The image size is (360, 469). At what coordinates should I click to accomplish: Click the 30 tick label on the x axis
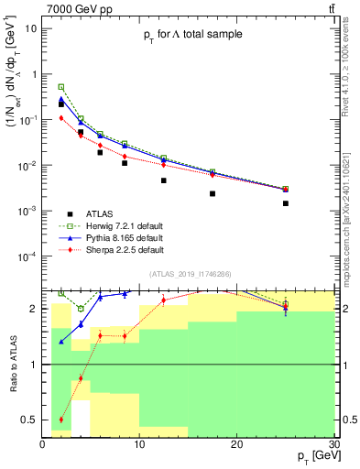pyautogui.click(x=333, y=444)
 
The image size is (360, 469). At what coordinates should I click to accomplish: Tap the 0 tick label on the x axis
pyautogui.click(x=43, y=444)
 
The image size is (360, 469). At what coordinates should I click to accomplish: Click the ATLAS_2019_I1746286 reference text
pyautogui.click(x=191, y=273)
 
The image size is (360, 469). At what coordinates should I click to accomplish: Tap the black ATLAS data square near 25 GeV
pyautogui.click(x=286, y=203)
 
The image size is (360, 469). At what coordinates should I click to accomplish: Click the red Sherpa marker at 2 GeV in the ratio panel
pyautogui.click(x=61, y=420)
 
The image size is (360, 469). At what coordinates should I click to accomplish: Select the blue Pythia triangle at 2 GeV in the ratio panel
pyautogui.click(x=61, y=342)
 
